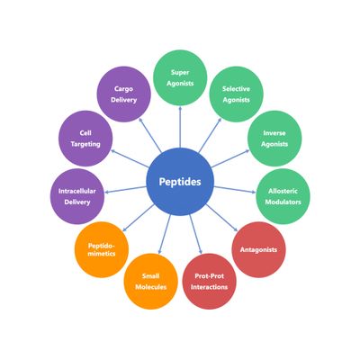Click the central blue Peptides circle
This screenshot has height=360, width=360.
click(180, 182)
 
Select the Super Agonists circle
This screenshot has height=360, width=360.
click(180, 77)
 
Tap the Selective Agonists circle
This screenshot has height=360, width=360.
click(236, 94)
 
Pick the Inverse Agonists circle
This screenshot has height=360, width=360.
click(274, 139)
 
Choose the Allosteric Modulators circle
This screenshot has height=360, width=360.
click(283, 196)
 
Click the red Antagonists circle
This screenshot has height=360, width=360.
click(258, 249)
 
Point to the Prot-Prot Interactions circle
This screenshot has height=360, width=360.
click(210, 282)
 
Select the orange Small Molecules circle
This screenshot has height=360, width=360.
click(151, 282)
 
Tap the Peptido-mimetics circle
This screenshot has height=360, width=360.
click(102, 249)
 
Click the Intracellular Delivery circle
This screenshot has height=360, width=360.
click(77, 196)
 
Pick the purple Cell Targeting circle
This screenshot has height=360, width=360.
click(85, 139)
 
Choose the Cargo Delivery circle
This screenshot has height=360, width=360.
click(123, 94)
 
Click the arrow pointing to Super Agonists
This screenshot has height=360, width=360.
click(180, 127)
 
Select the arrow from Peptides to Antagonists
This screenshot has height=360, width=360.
click(221, 218)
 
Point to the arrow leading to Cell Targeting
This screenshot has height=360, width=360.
click(130, 158)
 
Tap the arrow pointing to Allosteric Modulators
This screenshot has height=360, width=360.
click(235, 190)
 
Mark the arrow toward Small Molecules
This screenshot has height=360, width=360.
click(165, 234)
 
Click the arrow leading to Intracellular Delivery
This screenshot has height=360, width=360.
click(125, 190)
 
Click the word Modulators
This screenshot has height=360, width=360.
click(283, 202)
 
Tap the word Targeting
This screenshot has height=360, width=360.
click(85, 144)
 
